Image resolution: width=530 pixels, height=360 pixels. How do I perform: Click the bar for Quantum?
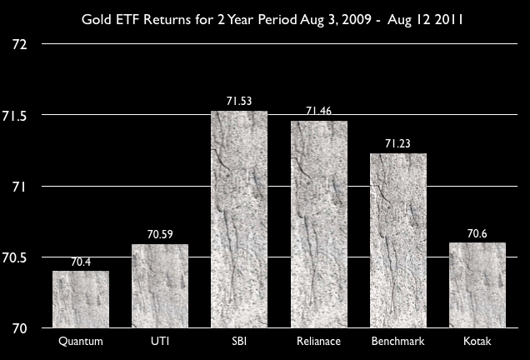[x=81, y=299]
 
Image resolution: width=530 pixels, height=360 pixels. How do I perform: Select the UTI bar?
[x=160, y=286]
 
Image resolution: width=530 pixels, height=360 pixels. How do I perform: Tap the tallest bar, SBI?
[x=239, y=219]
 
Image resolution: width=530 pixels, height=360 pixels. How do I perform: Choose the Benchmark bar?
[x=397, y=241]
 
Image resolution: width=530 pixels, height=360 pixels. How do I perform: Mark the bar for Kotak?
[x=477, y=285]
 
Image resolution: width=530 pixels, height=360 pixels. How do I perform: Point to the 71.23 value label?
[x=398, y=144]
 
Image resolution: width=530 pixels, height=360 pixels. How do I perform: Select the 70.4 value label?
[x=81, y=262]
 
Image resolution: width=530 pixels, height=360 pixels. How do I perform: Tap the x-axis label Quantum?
[x=81, y=342]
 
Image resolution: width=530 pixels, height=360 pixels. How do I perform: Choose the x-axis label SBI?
[x=239, y=342]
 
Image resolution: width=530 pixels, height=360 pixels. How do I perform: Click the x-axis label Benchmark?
[x=397, y=342]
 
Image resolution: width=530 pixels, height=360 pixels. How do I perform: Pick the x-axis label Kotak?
[x=477, y=342]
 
